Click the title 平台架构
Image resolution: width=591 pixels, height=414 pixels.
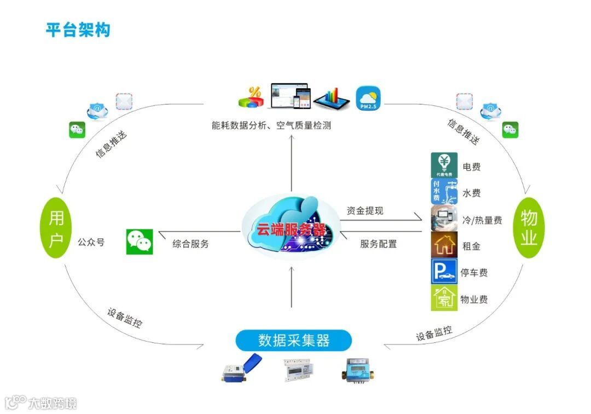tap(78, 30)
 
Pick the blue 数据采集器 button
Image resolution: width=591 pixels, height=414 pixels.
tap(293, 340)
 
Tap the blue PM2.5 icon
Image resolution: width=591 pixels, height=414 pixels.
tap(368, 97)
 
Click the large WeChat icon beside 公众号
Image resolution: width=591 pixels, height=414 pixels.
tap(140, 242)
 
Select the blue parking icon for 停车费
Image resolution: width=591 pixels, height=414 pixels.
tap(444, 272)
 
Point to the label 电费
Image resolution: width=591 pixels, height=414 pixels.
tap(472, 166)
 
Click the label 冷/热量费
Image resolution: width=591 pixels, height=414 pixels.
tap(482, 220)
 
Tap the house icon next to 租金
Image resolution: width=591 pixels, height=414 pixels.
tap(444, 245)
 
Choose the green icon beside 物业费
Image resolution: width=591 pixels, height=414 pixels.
tap(444, 298)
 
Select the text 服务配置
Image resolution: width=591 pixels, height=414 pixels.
tap(378, 244)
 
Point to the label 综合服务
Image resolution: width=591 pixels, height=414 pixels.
tap(190, 244)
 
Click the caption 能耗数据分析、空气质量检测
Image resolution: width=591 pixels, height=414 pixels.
tap(271, 125)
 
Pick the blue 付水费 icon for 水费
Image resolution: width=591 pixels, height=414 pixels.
tap(444, 192)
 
